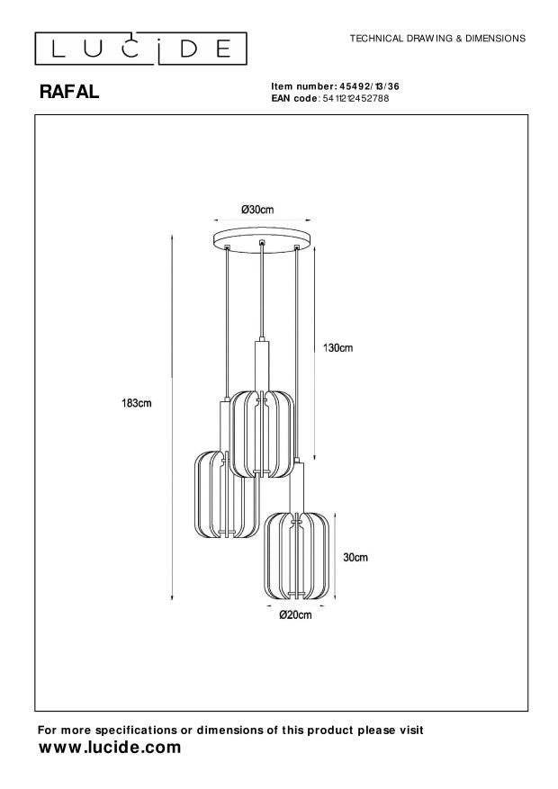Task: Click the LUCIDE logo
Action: (141, 49)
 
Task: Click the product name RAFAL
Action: (69, 92)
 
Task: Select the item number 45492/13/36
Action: (366, 86)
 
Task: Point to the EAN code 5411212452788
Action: (355, 98)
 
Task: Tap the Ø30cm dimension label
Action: (257, 210)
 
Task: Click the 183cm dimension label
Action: (137, 403)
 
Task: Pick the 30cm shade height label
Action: (355, 557)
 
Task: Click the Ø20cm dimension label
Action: (295, 614)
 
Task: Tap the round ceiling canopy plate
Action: (262, 238)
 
